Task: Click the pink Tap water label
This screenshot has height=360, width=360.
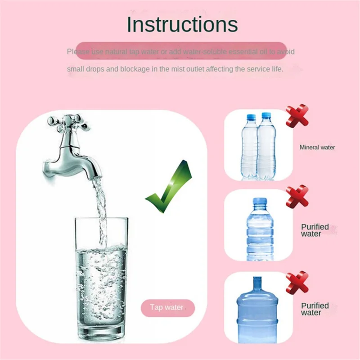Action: pyautogui.click(x=167, y=308)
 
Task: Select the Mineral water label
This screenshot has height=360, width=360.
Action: pyautogui.click(x=317, y=147)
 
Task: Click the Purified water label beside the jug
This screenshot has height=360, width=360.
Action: pyautogui.click(x=315, y=309)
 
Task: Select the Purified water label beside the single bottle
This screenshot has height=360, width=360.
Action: pyautogui.click(x=315, y=230)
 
